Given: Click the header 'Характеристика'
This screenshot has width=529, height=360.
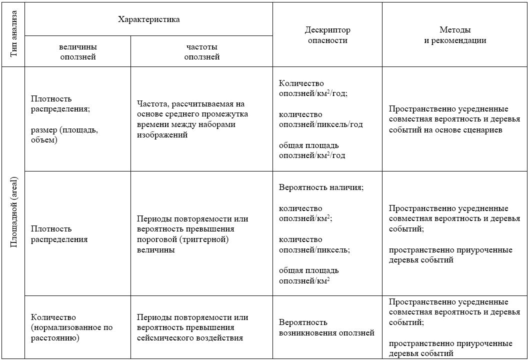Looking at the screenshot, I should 148,19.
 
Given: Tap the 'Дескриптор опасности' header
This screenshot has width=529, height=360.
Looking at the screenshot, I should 327,35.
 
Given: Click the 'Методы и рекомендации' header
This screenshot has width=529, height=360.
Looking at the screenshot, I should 455,35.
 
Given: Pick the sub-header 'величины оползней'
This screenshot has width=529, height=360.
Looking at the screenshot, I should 77,52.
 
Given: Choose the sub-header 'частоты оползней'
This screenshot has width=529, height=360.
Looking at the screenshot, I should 201,52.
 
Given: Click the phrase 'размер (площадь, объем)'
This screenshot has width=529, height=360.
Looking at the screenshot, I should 64,135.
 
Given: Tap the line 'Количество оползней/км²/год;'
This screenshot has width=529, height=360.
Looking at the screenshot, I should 313,88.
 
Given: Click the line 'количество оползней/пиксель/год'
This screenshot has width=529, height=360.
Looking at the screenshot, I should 320,119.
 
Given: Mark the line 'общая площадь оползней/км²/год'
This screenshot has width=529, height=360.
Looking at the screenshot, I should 312,150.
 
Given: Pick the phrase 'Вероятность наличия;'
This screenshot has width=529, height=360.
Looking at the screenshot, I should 321,187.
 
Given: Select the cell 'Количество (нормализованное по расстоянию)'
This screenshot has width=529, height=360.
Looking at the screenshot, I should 71,327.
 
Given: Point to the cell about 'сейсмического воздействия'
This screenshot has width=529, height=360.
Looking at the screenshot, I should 192,327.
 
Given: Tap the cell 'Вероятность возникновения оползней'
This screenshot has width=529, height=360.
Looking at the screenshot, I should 326,327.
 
